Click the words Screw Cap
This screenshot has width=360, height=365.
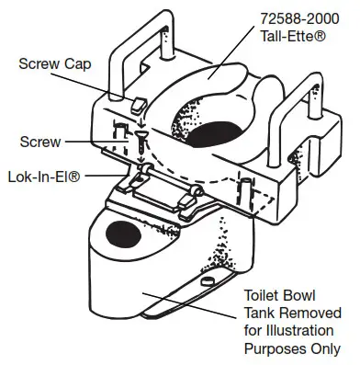pyautogui.click(x=53, y=64)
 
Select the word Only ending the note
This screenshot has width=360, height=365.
pyautogui.click(x=327, y=348)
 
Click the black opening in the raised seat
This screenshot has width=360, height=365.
pyautogui.click(x=219, y=133)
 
